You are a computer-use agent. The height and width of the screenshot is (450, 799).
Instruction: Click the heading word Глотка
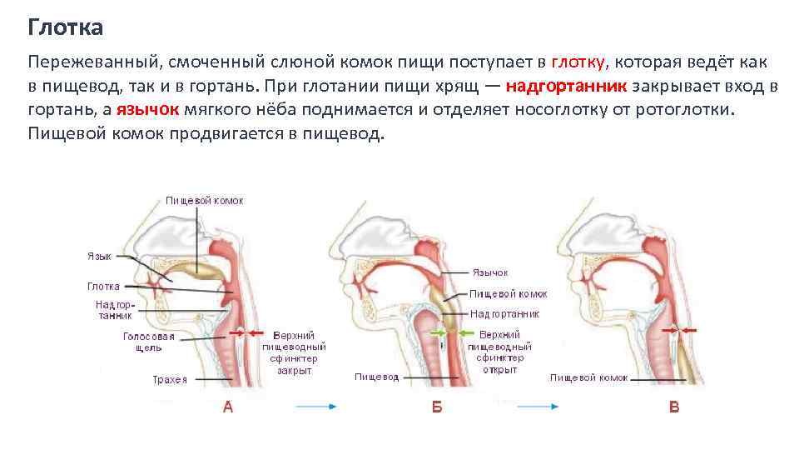66,28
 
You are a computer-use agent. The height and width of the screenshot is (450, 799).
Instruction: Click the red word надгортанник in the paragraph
568,86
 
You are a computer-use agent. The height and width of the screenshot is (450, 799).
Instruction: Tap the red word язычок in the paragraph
142,110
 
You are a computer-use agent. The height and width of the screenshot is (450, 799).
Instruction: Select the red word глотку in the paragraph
578,62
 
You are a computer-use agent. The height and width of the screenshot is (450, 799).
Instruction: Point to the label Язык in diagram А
99,256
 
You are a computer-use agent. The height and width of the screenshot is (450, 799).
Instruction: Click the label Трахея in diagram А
170,380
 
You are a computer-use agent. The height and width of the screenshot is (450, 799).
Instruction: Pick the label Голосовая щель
149,342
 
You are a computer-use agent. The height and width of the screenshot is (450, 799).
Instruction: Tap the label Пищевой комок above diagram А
204,201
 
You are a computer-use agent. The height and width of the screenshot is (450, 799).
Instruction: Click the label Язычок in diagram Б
489,272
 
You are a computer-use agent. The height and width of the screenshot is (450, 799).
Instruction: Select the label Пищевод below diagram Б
376,377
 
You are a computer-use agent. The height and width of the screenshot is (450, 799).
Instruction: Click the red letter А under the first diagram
227,407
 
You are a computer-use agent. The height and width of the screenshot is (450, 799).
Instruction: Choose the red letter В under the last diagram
674,407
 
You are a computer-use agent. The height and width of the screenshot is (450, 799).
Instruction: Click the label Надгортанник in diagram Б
504,314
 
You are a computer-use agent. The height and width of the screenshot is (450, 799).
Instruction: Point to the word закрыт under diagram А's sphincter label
294,370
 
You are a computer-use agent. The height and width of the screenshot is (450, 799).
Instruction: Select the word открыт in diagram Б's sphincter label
499,369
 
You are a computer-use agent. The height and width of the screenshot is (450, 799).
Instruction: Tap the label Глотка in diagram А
103,287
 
